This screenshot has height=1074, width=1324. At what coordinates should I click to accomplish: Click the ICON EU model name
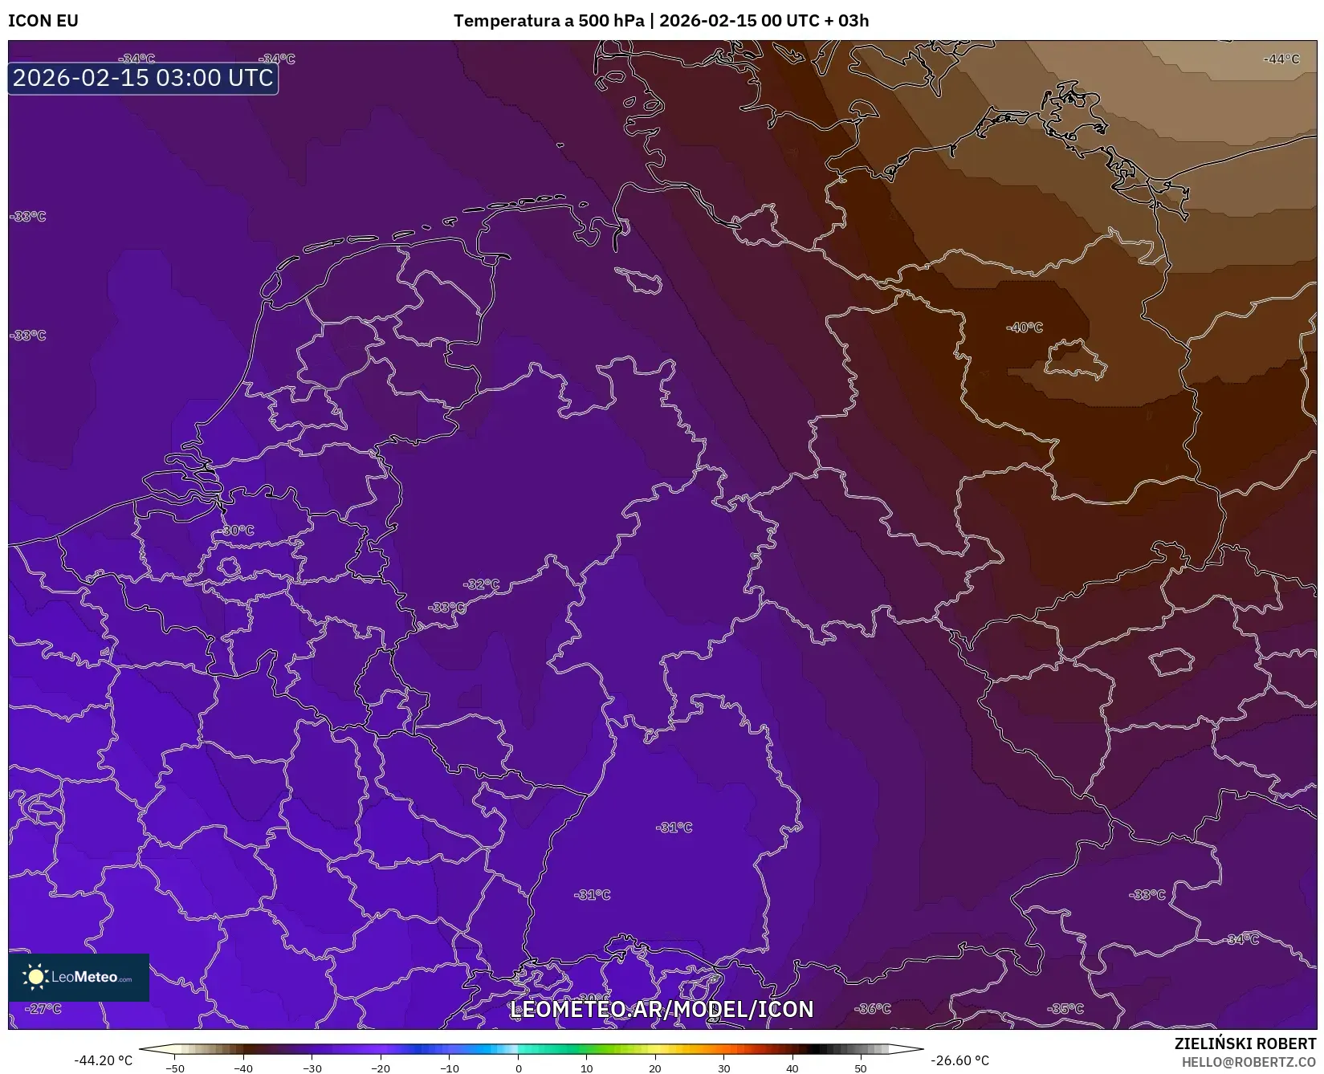click(x=43, y=21)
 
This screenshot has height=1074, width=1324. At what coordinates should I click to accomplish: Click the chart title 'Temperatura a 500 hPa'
click(x=549, y=21)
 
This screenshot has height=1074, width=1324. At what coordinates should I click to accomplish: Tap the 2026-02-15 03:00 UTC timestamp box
click(x=143, y=78)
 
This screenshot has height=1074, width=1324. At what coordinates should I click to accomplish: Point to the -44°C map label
click(x=1281, y=59)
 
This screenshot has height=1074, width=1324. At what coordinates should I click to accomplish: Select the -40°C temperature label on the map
click(x=1025, y=327)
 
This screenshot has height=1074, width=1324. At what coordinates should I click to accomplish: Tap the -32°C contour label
click(x=482, y=584)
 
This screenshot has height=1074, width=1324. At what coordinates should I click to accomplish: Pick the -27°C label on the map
click(x=43, y=1009)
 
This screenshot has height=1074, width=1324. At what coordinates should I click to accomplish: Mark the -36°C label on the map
click(x=873, y=1009)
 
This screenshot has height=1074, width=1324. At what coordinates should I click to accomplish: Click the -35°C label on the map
click(x=1065, y=1009)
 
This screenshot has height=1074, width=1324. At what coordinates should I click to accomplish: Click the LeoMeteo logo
click(x=79, y=977)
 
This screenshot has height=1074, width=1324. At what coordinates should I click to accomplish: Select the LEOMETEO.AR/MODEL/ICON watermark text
click(x=662, y=1009)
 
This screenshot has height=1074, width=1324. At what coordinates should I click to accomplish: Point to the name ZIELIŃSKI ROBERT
click(x=1245, y=1044)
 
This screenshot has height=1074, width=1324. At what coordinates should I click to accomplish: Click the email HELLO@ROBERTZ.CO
click(x=1249, y=1062)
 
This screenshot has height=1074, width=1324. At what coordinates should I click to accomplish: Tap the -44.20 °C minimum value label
click(x=103, y=1060)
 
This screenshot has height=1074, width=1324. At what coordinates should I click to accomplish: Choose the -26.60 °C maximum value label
click(x=959, y=1060)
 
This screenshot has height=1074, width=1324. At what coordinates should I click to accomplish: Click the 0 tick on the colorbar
click(x=519, y=1068)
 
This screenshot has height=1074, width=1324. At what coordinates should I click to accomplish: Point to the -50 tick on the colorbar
click(x=174, y=1068)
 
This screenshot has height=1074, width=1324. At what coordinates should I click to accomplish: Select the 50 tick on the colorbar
click(x=861, y=1068)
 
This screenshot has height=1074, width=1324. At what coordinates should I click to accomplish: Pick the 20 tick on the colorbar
click(x=655, y=1068)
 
